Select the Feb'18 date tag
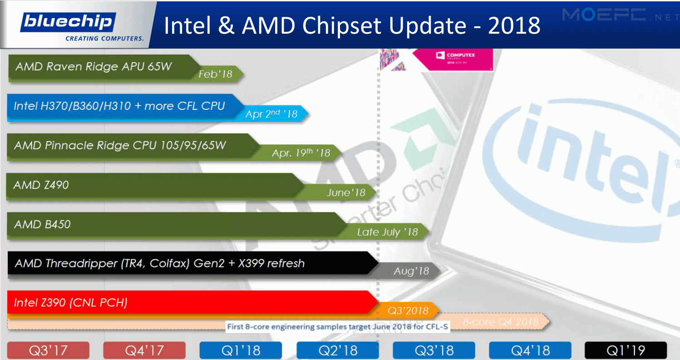(215, 74)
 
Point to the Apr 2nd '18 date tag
(271, 114)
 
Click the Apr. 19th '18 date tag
(301, 153)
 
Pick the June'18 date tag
(346, 192)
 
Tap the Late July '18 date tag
(387, 232)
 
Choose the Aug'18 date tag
(411, 271)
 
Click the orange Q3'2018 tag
(408, 311)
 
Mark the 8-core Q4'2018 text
(500, 322)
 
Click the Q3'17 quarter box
(49, 350)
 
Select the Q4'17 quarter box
(144, 350)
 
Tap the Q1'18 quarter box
(241, 350)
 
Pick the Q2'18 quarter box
(337, 350)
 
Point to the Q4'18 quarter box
(530, 350)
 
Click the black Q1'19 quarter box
(626, 350)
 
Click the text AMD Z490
(41, 185)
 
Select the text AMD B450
(42, 224)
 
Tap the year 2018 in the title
(514, 25)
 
